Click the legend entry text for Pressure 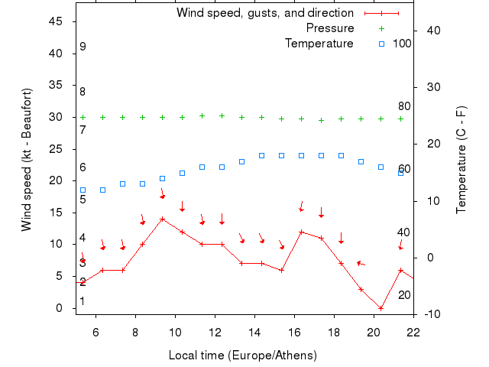tap(330, 28)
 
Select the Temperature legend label tap(319, 44)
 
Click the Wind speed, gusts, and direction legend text tap(264, 13)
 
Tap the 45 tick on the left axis tap(56, 21)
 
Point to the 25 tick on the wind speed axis tap(56, 149)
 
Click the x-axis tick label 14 tap(254, 332)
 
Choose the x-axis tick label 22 tap(413, 332)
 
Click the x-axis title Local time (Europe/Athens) tap(242, 356)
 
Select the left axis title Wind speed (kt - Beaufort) tap(26, 160)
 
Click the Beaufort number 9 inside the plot tap(83, 47)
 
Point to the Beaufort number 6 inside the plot tap(83, 167)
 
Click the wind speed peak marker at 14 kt tap(162, 219)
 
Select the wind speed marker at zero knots tap(381, 308)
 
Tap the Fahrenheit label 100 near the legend tap(402, 44)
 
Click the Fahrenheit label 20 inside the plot tap(404, 295)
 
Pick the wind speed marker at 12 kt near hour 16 tap(301, 232)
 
